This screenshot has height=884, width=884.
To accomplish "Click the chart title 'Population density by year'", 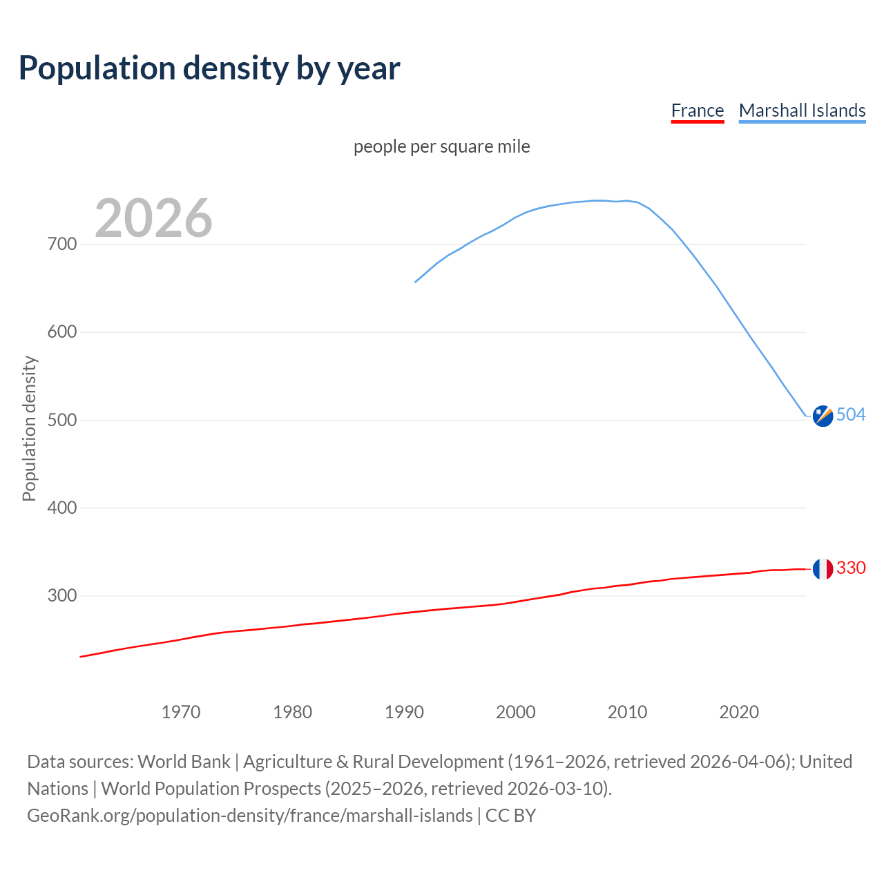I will point(209,68).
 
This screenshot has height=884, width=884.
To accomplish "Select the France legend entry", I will point(697,110).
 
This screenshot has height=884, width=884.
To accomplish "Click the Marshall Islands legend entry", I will point(802,110).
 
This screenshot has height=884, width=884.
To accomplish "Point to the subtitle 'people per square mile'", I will point(442,146).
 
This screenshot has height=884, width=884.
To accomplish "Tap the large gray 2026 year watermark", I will point(153,218).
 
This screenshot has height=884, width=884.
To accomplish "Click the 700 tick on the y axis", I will point(62,244).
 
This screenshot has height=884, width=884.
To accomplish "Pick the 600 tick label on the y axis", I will point(62,332).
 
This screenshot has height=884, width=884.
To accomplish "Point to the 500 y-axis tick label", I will point(62,420).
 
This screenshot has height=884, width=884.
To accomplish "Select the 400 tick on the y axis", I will point(62,508).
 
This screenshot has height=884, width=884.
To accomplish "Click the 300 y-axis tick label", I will point(62,596).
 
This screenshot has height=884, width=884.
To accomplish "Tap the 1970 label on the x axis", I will point(181,712).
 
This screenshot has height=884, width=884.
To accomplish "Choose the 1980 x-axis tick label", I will point(293,712).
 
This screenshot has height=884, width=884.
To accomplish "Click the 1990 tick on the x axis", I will point(404,712).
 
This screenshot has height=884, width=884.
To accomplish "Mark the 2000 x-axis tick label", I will point(516,712).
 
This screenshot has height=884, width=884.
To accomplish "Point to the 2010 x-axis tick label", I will point(627,712).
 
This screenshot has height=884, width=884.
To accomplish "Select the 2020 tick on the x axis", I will point(739,712).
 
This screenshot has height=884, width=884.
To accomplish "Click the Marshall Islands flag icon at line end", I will point(823,416).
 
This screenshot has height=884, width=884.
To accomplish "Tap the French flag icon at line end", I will point(823,569).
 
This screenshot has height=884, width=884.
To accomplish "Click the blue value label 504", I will point(851,414).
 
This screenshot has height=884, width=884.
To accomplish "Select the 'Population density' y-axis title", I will point(29,428).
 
